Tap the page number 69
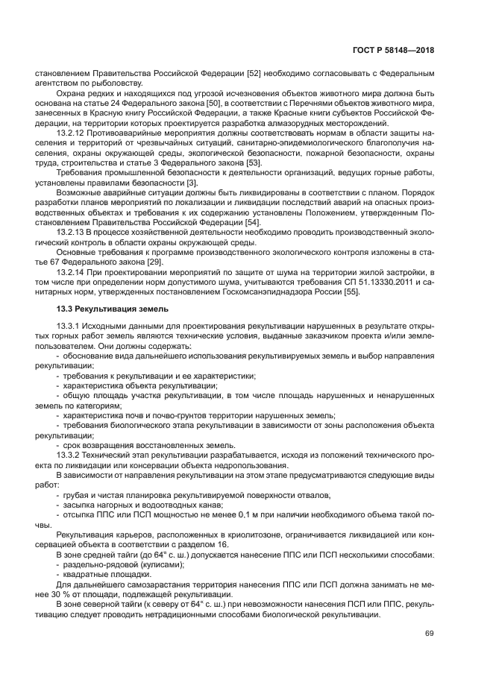pyautogui.click(x=429, y=634)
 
